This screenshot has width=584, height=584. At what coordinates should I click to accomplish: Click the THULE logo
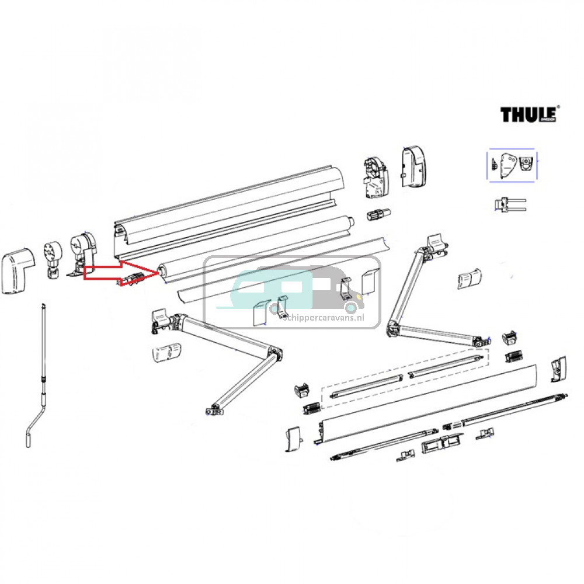pos(529,114)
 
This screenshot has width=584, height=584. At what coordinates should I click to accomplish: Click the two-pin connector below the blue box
pos(508,204)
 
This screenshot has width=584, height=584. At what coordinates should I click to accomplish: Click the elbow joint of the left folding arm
pos(274,353)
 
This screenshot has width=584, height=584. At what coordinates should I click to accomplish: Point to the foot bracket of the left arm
pos(213,410)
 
